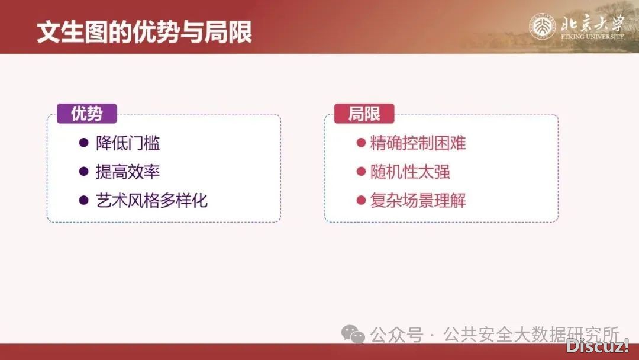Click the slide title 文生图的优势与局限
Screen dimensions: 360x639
pos(144,32)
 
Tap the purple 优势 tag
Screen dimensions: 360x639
pos(86,114)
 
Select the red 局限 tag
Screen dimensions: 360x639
pos(364,114)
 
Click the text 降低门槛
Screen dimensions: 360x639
pos(128,143)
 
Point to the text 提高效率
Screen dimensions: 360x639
pos(128,172)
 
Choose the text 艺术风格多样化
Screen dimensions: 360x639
pos(152,200)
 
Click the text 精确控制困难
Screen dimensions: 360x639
pos(418,143)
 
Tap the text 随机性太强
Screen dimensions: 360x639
pos(410,172)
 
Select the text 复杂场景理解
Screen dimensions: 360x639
pos(418,200)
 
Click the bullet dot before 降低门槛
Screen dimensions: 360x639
pos(83,143)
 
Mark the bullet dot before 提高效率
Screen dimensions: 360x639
pos(83,172)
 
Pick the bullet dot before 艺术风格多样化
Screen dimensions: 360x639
pos(83,200)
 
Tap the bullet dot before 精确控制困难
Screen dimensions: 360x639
pos(360,143)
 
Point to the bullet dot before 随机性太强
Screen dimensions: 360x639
pos(360,172)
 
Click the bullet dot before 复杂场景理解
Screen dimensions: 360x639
pos(360,200)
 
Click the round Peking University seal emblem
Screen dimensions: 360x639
pos(542,27)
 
